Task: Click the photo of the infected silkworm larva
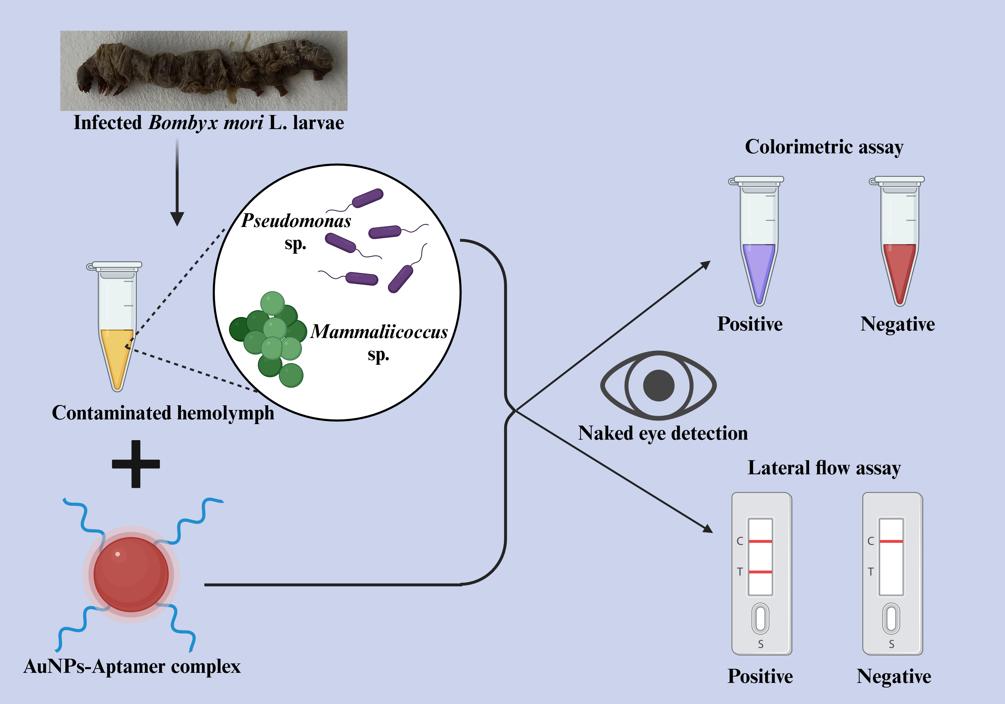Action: pyautogui.click(x=204, y=70)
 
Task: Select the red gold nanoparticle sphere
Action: pyautogui.click(x=131, y=574)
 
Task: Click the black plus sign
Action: pyautogui.click(x=136, y=464)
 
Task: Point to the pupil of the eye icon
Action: pyautogui.click(x=658, y=386)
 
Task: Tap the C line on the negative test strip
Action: pyautogui.click(x=891, y=541)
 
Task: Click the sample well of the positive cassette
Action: pyautogui.click(x=761, y=619)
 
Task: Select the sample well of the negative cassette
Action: pyautogui.click(x=891, y=619)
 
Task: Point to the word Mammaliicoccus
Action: pyautogui.click(x=379, y=332)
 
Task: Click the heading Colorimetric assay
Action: pyautogui.click(x=824, y=147)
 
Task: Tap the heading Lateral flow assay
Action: pyautogui.click(x=824, y=468)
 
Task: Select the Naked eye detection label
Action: pyautogui.click(x=663, y=433)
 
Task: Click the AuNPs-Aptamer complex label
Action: pyautogui.click(x=132, y=666)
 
